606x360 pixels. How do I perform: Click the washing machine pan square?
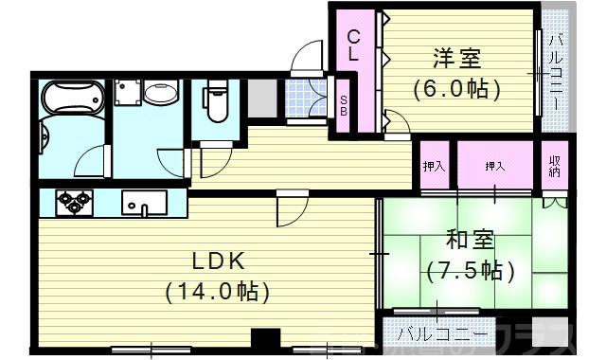(128, 93)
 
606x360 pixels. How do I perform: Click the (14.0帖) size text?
(216, 291)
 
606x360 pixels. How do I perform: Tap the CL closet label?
(352, 46)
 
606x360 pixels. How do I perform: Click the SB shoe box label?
(343, 105)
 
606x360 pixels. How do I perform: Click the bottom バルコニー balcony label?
(443, 334)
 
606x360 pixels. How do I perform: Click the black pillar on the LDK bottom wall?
(266, 339)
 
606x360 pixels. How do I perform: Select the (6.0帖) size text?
(456, 89)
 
